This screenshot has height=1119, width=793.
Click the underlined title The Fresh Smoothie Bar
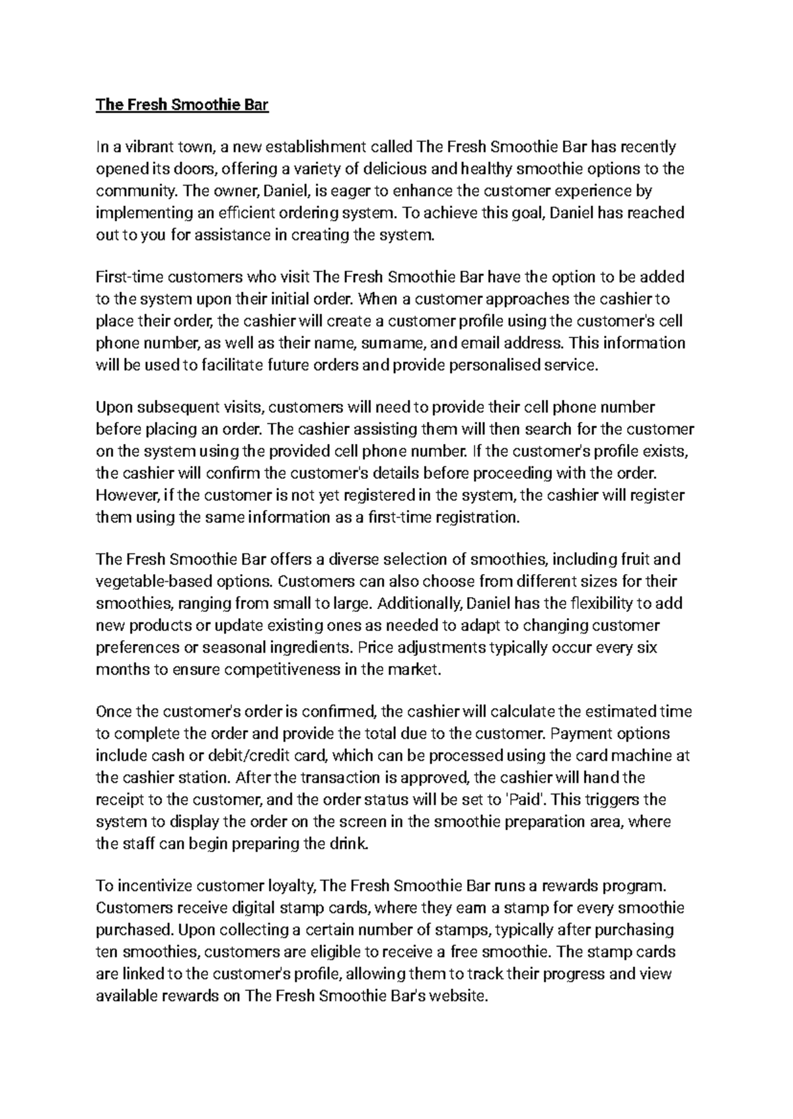[182, 105]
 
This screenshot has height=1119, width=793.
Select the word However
[124, 495]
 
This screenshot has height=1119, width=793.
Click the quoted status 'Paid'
[526, 799]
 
